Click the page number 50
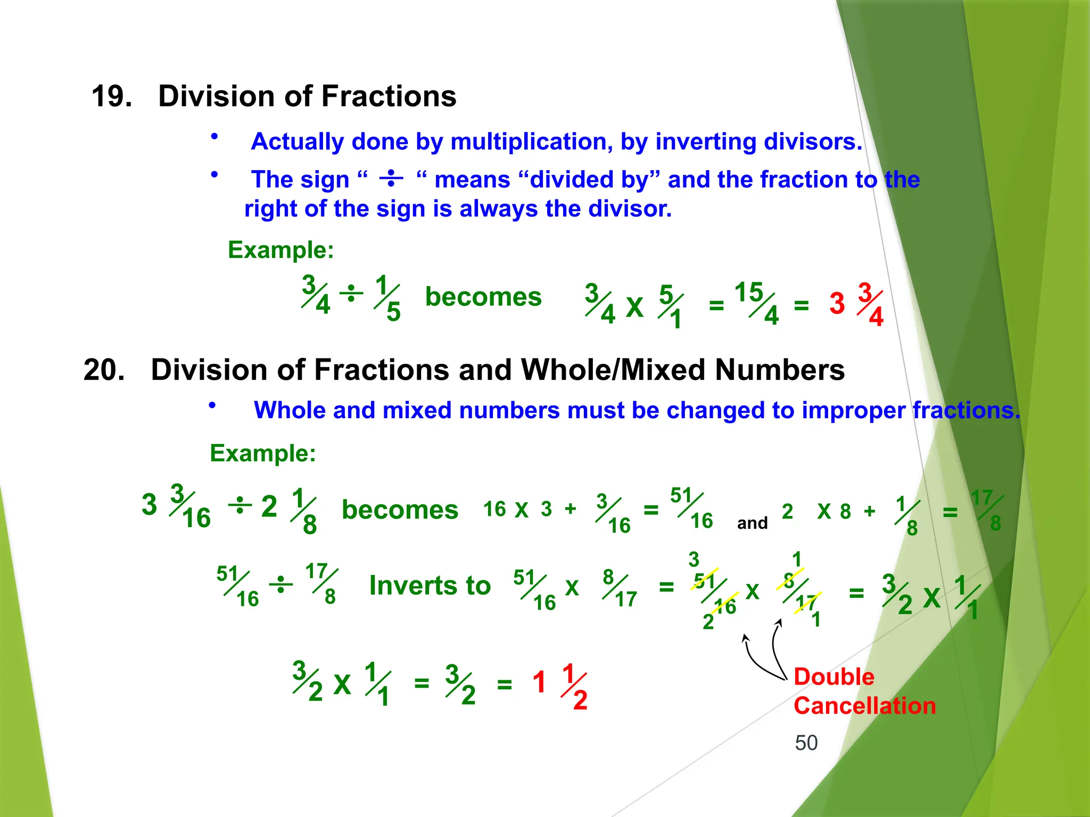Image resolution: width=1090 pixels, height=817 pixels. pyautogui.click(x=806, y=743)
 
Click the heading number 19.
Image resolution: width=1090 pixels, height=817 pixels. pyautogui.click(x=112, y=96)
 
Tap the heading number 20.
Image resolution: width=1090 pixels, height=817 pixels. pyautogui.click(x=104, y=370)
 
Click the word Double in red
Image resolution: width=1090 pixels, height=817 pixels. pyautogui.click(x=833, y=677)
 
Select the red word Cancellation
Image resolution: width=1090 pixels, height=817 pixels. pyautogui.click(x=864, y=706)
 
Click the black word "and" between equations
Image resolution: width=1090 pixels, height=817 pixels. pyautogui.click(x=752, y=523)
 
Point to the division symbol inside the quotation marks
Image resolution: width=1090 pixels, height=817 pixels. pyautogui.click(x=391, y=178)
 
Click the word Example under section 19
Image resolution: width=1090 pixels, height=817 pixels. pyautogui.click(x=280, y=249)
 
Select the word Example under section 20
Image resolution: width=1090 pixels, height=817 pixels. pyautogui.click(x=263, y=453)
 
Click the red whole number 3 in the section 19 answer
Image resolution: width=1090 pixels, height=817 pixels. pyautogui.click(x=837, y=304)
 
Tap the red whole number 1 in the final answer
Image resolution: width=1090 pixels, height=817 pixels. pyautogui.click(x=539, y=682)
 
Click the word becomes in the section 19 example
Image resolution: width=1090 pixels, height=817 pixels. pyautogui.click(x=483, y=297)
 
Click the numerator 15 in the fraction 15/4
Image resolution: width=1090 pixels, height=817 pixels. pyautogui.click(x=748, y=292)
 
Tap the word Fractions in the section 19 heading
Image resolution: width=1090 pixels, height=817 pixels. pyautogui.click(x=389, y=96)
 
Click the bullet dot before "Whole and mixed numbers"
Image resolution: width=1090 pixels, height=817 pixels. pyautogui.click(x=212, y=405)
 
